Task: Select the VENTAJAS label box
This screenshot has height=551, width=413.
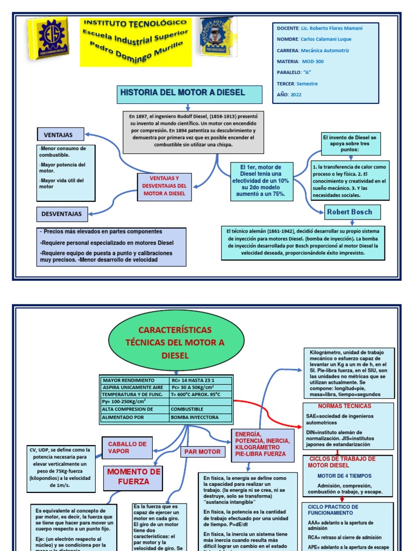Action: tap(62, 134)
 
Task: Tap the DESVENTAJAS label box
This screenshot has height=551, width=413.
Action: tap(62, 214)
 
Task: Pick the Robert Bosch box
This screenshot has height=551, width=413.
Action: tap(350, 212)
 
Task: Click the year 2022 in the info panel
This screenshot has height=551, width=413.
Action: tap(296, 94)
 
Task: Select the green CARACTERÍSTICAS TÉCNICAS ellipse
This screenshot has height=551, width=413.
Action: tap(167, 342)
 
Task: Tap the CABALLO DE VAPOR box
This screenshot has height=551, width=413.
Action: tap(127, 448)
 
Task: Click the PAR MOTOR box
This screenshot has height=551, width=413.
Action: tap(203, 452)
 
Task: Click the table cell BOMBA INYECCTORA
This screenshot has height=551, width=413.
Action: tap(200, 417)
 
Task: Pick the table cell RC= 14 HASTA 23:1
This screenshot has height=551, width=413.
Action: tap(200, 380)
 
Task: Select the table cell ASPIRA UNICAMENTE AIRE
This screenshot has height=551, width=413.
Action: tap(134, 387)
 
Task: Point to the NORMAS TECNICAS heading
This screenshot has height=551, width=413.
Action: tap(345, 406)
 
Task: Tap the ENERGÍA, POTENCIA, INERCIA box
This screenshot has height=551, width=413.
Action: tap(263, 444)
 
